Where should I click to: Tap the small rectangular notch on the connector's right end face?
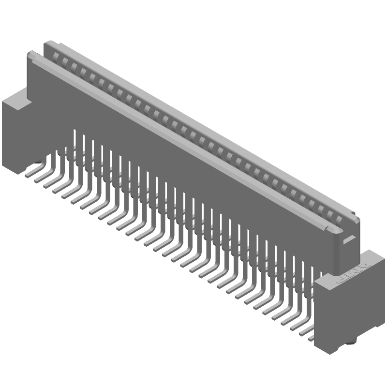tap(348, 238)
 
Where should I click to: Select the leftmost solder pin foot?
tap(30, 171)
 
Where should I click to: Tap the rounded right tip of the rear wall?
tap(357, 219)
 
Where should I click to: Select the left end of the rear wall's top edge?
tap(47, 43)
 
